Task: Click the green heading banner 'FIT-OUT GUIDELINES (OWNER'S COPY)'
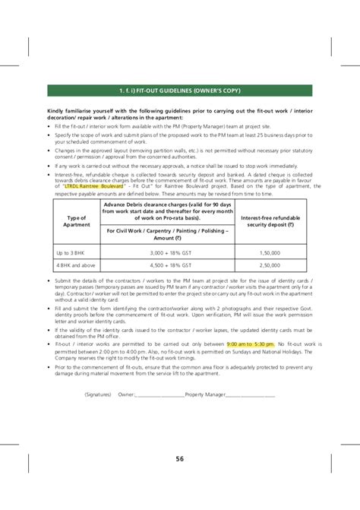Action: click(178, 91)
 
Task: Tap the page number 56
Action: click(179, 458)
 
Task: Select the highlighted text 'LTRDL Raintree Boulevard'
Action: click(93, 185)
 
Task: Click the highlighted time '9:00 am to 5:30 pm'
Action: click(250, 344)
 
